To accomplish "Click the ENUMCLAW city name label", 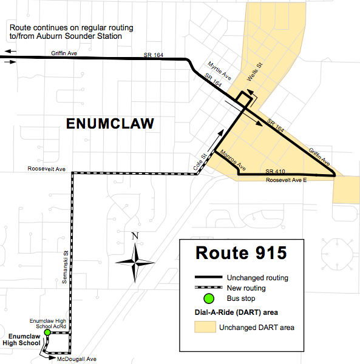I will click(110, 124).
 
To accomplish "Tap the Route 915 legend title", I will click(240, 252).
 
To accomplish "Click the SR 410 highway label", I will click(275, 170).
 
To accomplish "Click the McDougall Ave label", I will click(76, 359).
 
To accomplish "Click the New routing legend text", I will click(246, 288).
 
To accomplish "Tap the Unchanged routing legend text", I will click(257, 278).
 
